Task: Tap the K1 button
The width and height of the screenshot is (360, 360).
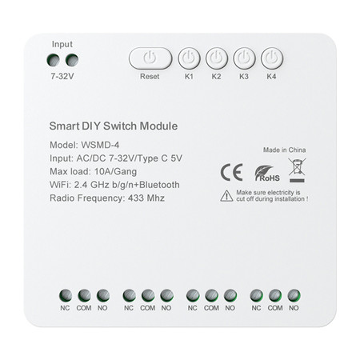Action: [190, 58]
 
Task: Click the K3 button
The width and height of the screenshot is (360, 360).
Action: [244, 58]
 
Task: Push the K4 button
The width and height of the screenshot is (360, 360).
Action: [272, 58]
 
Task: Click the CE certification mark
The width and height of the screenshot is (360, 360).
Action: [231, 172]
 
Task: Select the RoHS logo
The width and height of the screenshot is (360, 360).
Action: [266, 173]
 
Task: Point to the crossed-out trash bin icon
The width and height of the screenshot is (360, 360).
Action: [296, 170]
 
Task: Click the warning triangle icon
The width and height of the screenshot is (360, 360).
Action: [227, 196]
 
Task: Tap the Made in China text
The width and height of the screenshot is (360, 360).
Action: [285, 150]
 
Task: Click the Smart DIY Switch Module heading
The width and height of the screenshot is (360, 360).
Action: [113, 126]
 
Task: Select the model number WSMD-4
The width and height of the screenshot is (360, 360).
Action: [102, 145]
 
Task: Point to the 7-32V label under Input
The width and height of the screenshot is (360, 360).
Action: [62, 78]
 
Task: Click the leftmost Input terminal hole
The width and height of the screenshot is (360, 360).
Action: [54, 60]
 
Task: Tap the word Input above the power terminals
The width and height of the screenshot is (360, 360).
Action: [62, 44]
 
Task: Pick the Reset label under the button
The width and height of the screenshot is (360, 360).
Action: [150, 77]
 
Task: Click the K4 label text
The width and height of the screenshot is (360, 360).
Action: [272, 77]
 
